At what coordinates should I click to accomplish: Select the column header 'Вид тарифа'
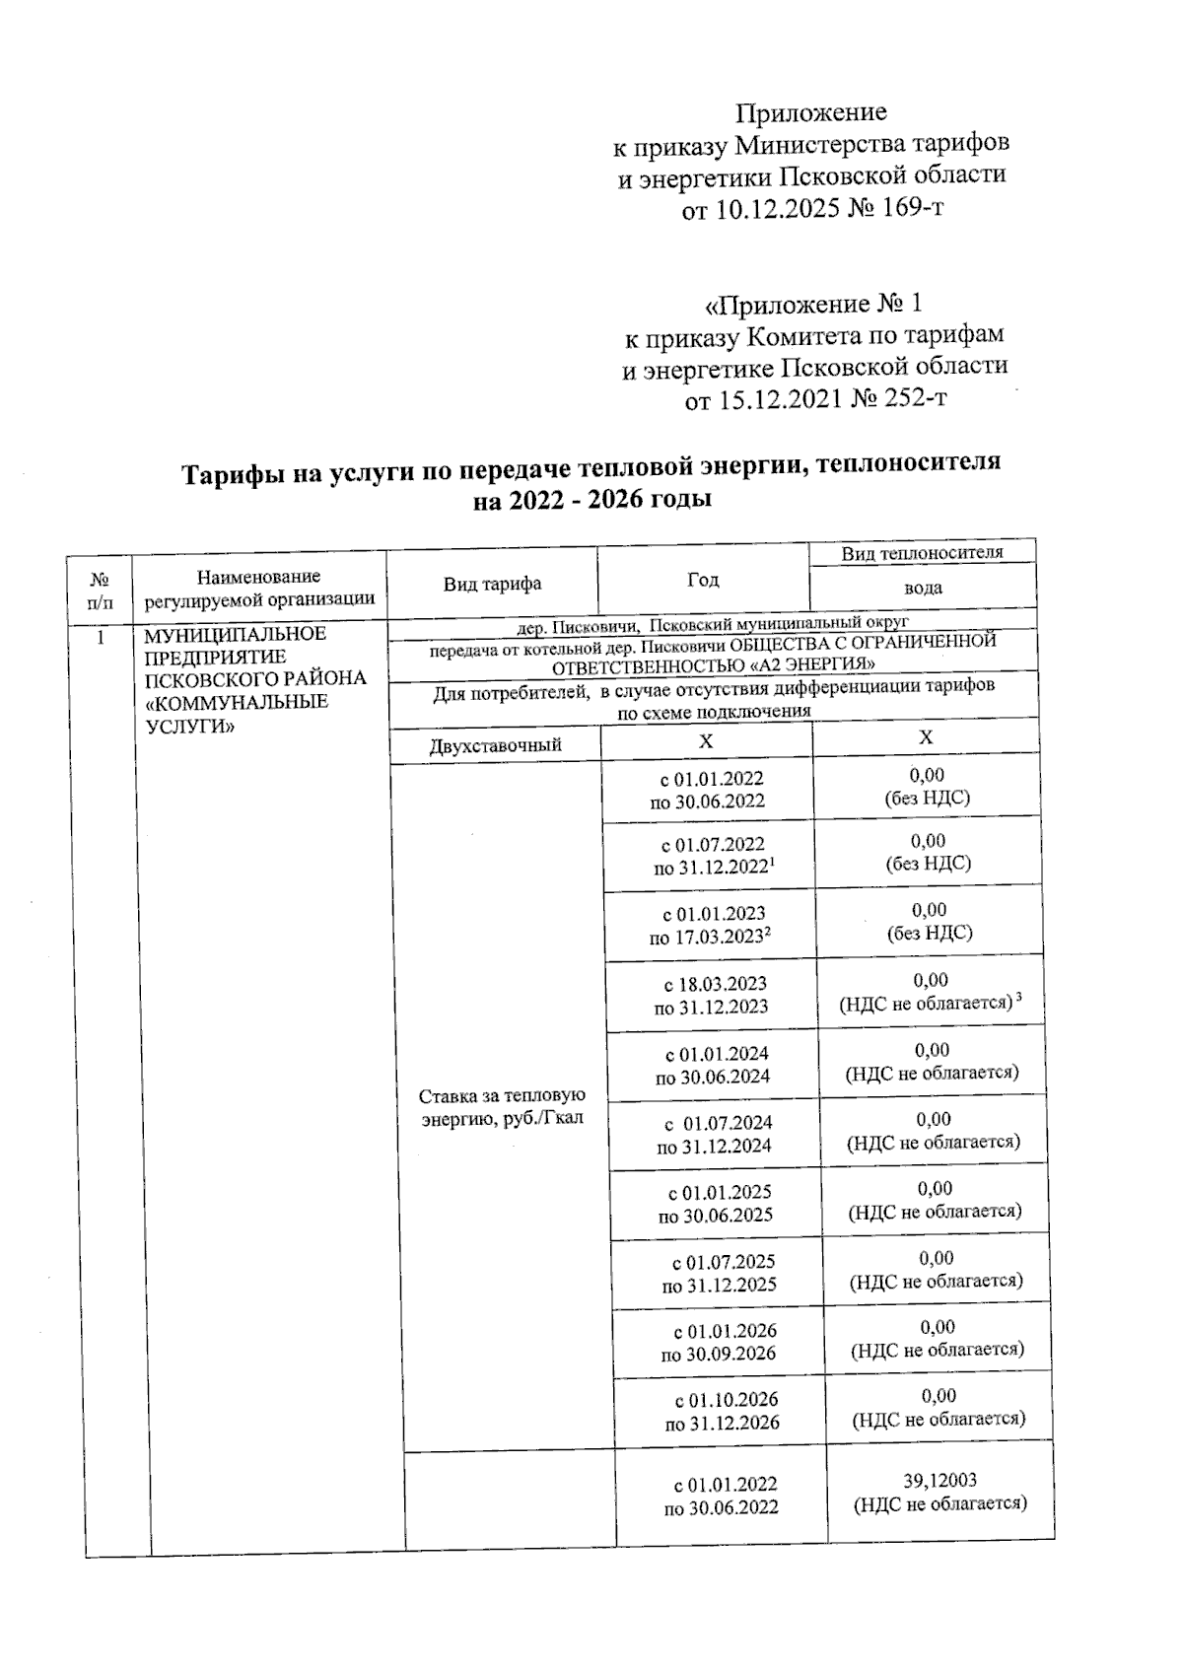492,584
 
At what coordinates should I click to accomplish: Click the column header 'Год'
703,580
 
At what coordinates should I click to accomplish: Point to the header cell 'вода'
923,589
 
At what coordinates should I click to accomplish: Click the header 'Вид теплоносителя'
922,552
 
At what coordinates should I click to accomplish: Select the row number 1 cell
101,637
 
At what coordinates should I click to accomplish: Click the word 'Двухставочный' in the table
495,745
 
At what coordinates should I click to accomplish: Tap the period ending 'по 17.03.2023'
709,938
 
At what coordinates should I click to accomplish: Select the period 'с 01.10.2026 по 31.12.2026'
722,1411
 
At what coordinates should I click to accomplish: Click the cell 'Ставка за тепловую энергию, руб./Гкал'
503,1107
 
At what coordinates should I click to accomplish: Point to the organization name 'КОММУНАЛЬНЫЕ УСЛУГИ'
236,714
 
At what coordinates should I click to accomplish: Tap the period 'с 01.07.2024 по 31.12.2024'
715,1134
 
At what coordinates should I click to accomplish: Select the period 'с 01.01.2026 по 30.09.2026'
720,1342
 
